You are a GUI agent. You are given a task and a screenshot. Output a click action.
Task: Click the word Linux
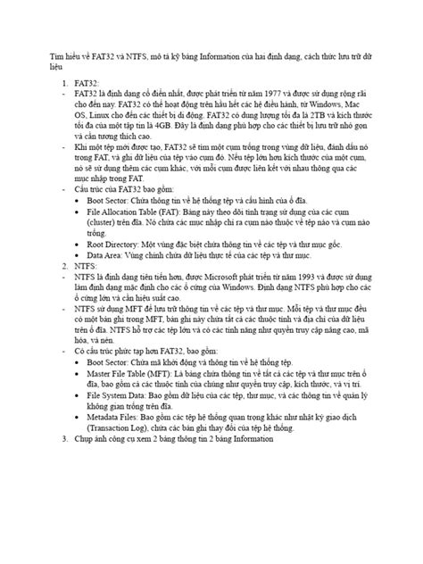(95, 140)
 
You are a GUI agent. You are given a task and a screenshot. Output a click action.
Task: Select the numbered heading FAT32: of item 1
(87, 104)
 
